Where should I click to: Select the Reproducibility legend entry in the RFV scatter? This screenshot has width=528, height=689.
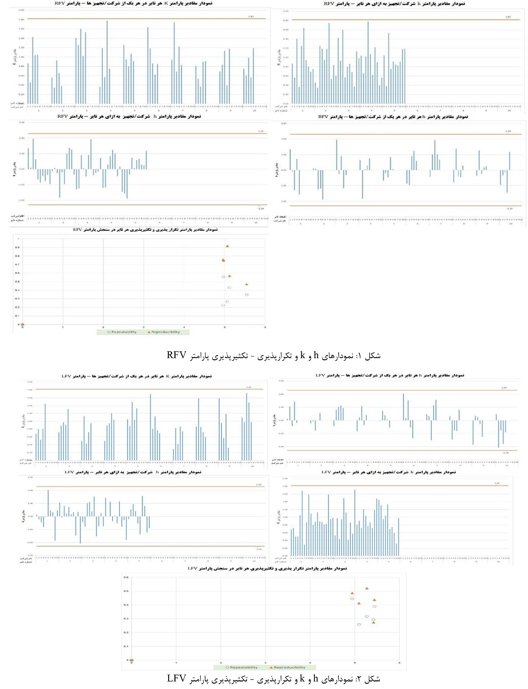click(x=165, y=332)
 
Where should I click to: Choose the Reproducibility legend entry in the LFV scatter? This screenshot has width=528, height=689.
click(x=289, y=667)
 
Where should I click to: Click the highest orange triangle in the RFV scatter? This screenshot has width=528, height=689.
click(x=227, y=246)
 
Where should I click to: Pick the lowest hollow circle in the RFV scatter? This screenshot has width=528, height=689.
click(x=223, y=305)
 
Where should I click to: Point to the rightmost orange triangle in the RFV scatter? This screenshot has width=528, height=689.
click(x=247, y=285)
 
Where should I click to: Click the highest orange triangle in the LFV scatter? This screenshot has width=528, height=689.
click(x=367, y=589)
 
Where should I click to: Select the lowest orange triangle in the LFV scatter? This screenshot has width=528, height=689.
click(x=374, y=623)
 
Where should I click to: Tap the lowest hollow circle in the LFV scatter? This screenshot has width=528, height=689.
click(x=359, y=624)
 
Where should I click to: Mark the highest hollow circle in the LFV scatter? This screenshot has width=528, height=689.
click(x=352, y=599)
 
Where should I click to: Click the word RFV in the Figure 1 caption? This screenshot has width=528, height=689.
click(x=176, y=356)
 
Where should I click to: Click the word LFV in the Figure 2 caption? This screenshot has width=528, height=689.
click(x=176, y=679)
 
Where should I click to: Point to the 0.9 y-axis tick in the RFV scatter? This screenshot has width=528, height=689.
click(x=17, y=247)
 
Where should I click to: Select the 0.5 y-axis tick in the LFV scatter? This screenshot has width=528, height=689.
click(x=126, y=591)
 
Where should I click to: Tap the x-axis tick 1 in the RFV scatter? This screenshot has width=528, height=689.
click(x=63, y=327)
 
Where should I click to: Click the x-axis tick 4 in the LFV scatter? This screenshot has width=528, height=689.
click(x=310, y=663)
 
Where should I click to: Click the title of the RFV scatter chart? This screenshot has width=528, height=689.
click(x=145, y=230)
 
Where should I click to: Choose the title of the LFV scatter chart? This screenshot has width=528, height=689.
click(x=267, y=568)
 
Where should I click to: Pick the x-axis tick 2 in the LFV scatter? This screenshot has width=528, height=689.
click(x=221, y=663)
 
